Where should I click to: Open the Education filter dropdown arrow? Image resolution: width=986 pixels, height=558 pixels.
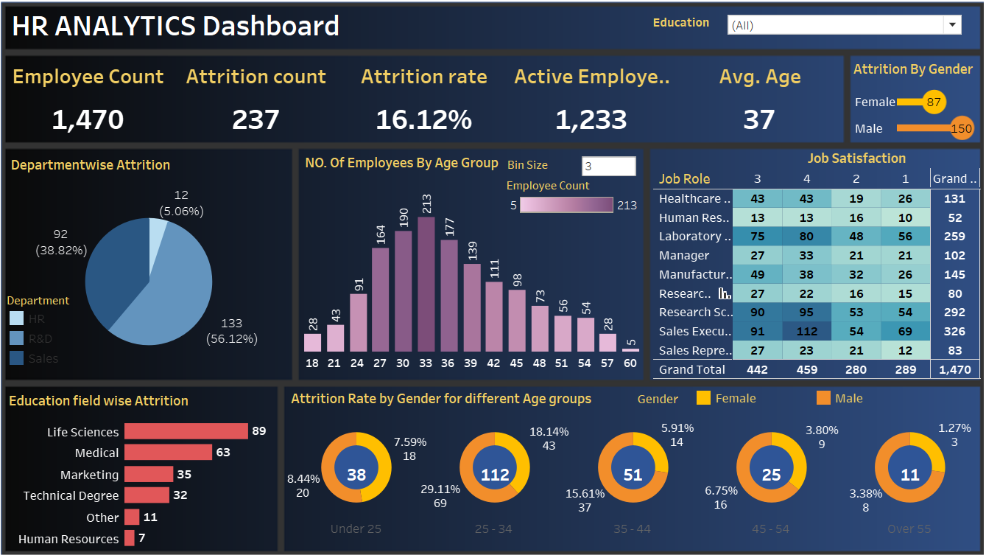[953, 25]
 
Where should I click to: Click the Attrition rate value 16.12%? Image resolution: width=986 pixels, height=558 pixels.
[423, 119]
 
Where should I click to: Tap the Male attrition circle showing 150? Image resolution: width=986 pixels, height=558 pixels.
[961, 128]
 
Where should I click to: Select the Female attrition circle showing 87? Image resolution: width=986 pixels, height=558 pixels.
[934, 102]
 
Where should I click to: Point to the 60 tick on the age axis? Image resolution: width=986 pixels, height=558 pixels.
[630, 363]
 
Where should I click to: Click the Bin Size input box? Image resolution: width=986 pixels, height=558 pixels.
[608, 166]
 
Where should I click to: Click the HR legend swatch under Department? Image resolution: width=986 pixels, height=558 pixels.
[16, 319]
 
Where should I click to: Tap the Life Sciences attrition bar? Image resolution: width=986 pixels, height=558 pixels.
[186, 431]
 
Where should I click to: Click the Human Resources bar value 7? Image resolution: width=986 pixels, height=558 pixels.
[141, 538]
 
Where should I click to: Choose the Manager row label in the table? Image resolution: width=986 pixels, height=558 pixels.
[684, 256]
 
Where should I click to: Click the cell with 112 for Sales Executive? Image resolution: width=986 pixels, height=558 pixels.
[806, 332]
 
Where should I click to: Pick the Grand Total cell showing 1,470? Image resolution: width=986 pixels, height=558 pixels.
[954, 369]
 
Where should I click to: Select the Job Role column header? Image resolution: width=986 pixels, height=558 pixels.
[684, 179]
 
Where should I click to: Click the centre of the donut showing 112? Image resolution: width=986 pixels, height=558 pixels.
[495, 475]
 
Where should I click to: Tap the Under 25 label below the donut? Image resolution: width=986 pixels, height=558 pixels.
[356, 529]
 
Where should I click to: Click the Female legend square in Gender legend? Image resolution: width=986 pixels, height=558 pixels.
[703, 398]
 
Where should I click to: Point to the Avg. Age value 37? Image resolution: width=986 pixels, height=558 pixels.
[758, 119]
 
